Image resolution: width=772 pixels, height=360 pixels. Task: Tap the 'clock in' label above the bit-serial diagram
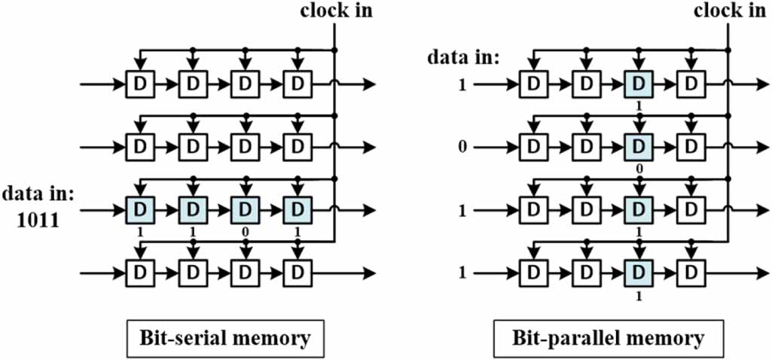(x=336, y=11)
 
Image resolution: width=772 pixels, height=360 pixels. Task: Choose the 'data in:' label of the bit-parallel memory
(x=461, y=56)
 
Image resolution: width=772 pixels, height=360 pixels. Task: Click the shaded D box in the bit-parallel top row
(x=638, y=84)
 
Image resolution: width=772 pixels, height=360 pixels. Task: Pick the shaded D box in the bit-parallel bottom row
(x=638, y=272)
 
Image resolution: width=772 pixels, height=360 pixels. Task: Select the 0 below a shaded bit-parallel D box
(x=639, y=171)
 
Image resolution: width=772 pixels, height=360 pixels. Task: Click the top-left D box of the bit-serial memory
(x=139, y=84)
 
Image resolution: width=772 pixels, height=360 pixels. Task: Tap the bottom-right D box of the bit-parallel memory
(x=690, y=272)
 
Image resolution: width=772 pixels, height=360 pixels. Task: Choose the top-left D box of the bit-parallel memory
(x=533, y=84)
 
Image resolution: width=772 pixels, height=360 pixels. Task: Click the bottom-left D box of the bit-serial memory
(x=139, y=272)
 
